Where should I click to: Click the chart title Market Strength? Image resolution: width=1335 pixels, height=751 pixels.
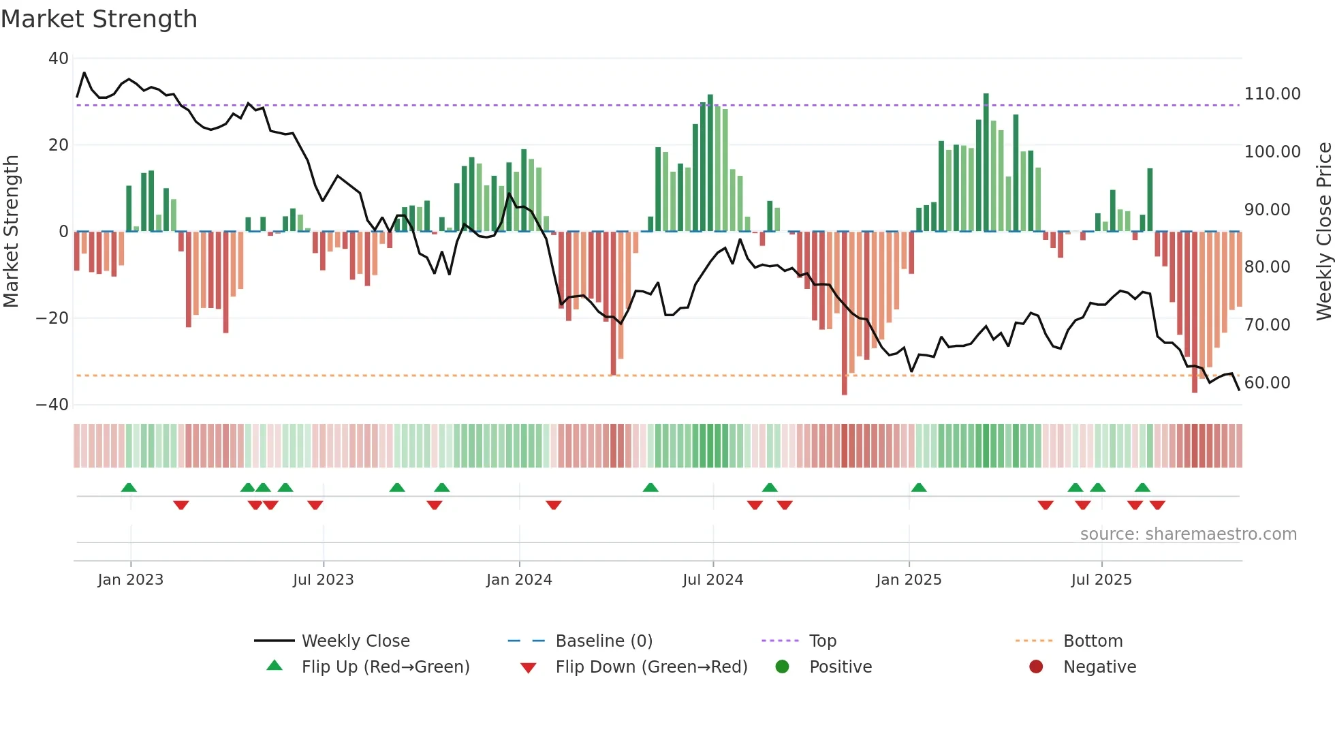[99, 19]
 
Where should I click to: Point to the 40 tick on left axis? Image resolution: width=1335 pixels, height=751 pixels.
[59, 59]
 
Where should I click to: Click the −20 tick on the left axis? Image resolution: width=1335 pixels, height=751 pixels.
[52, 318]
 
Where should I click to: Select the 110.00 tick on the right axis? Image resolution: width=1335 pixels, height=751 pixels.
[1272, 94]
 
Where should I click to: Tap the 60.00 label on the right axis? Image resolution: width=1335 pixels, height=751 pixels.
[1267, 383]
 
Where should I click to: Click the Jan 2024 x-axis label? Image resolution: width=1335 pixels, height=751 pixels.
[519, 580]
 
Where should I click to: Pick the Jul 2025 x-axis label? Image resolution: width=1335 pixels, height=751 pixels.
[1101, 580]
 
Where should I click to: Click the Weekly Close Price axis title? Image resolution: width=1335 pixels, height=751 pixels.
[1323, 232]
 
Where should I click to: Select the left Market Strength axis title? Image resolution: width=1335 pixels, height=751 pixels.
[11, 232]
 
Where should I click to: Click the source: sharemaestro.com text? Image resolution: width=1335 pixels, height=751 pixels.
[1188, 534]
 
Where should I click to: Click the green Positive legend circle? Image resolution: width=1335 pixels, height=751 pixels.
[783, 667]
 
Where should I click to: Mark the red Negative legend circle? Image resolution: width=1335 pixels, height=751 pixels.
[1036, 667]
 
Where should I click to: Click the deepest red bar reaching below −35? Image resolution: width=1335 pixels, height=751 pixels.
[845, 313]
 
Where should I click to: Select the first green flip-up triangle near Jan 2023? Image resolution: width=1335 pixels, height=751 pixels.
[129, 487]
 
